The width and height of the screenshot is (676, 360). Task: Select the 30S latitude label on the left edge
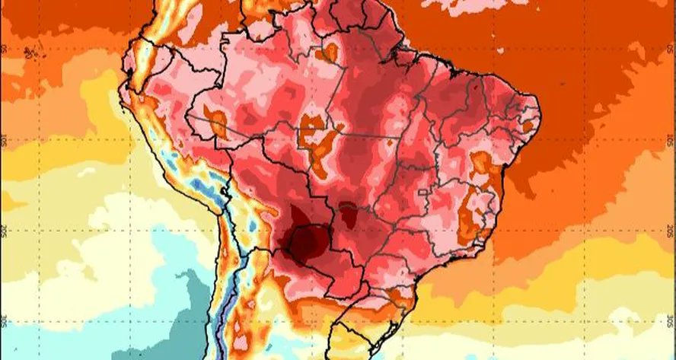[x=5, y=320]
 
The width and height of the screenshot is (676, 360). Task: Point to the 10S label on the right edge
[x=670, y=141]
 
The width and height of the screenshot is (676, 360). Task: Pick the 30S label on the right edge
[x=670, y=320]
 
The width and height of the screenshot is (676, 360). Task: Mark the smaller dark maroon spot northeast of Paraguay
[x=349, y=215]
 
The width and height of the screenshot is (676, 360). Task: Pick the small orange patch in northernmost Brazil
[x=330, y=52]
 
